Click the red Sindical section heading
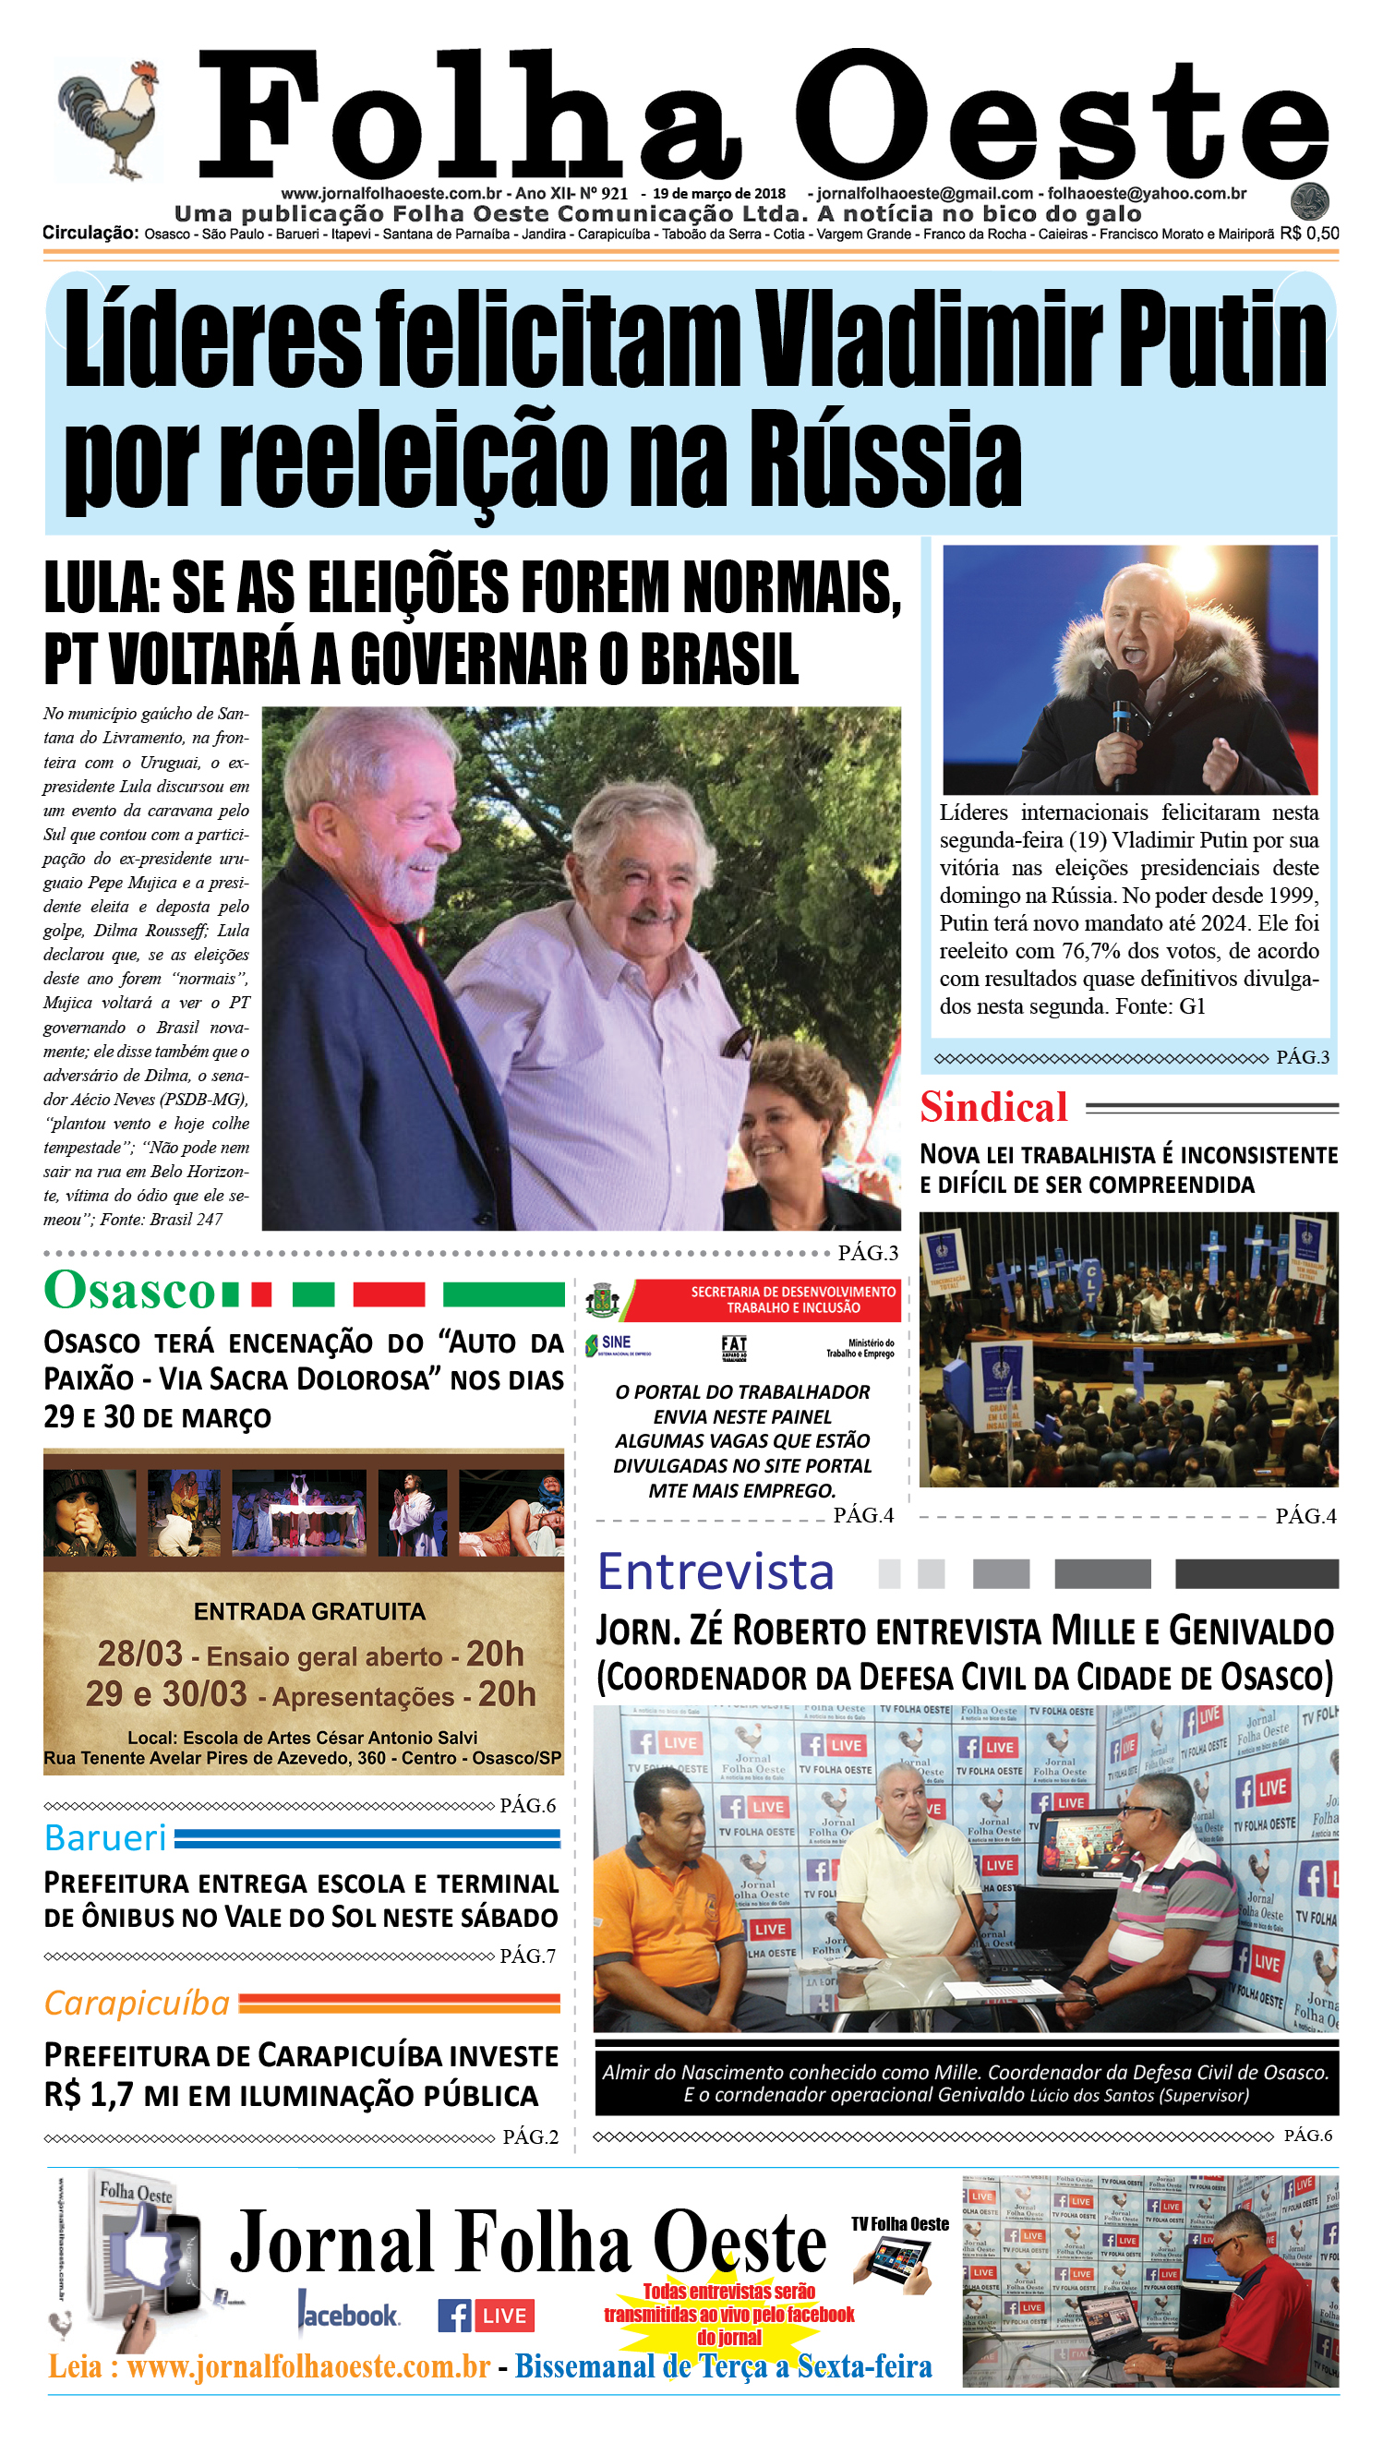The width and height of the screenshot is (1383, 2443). pyautogui.click(x=993, y=1108)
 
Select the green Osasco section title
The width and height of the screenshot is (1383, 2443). pyautogui.click(x=130, y=1291)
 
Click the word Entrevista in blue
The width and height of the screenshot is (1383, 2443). pyautogui.click(x=716, y=1572)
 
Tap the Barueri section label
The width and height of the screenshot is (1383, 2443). pyautogui.click(x=105, y=1838)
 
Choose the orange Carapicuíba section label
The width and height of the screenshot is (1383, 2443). pyautogui.click(x=137, y=2004)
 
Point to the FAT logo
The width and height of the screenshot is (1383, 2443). pyautogui.click(x=734, y=1347)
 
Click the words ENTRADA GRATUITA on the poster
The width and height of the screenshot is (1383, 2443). pyautogui.click(x=309, y=1612)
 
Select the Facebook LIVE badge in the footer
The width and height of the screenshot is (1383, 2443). pyautogui.click(x=486, y=2316)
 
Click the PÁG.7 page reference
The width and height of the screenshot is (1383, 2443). pyautogui.click(x=528, y=1956)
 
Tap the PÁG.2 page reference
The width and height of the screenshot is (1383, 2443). pyautogui.click(x=530, y=2137)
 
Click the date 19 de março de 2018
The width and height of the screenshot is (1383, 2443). pyautogui.click(x=719, y=194)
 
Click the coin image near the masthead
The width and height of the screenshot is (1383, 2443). pyautogui.click(x=1310, y=201)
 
